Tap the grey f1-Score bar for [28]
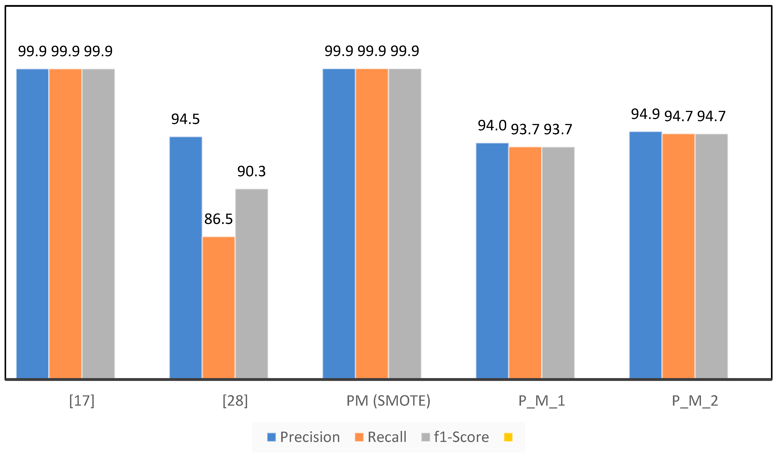tap(251, 283)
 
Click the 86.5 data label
tap(218, 219)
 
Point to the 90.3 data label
tap(251, 171)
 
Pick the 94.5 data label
tap(185, 119)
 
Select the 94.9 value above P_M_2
tap(645, 114)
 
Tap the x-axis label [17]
tap(82, 401)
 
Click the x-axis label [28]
tap(235, 401)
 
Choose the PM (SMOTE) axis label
tap(388, 401)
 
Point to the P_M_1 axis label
tap(541, 401)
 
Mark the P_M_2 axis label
tap(695, 401)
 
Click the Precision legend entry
tap(303, 437)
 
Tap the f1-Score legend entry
tap(455, 437)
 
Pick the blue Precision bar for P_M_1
tap(492, 260)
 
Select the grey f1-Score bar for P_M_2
tap(711, 255)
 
